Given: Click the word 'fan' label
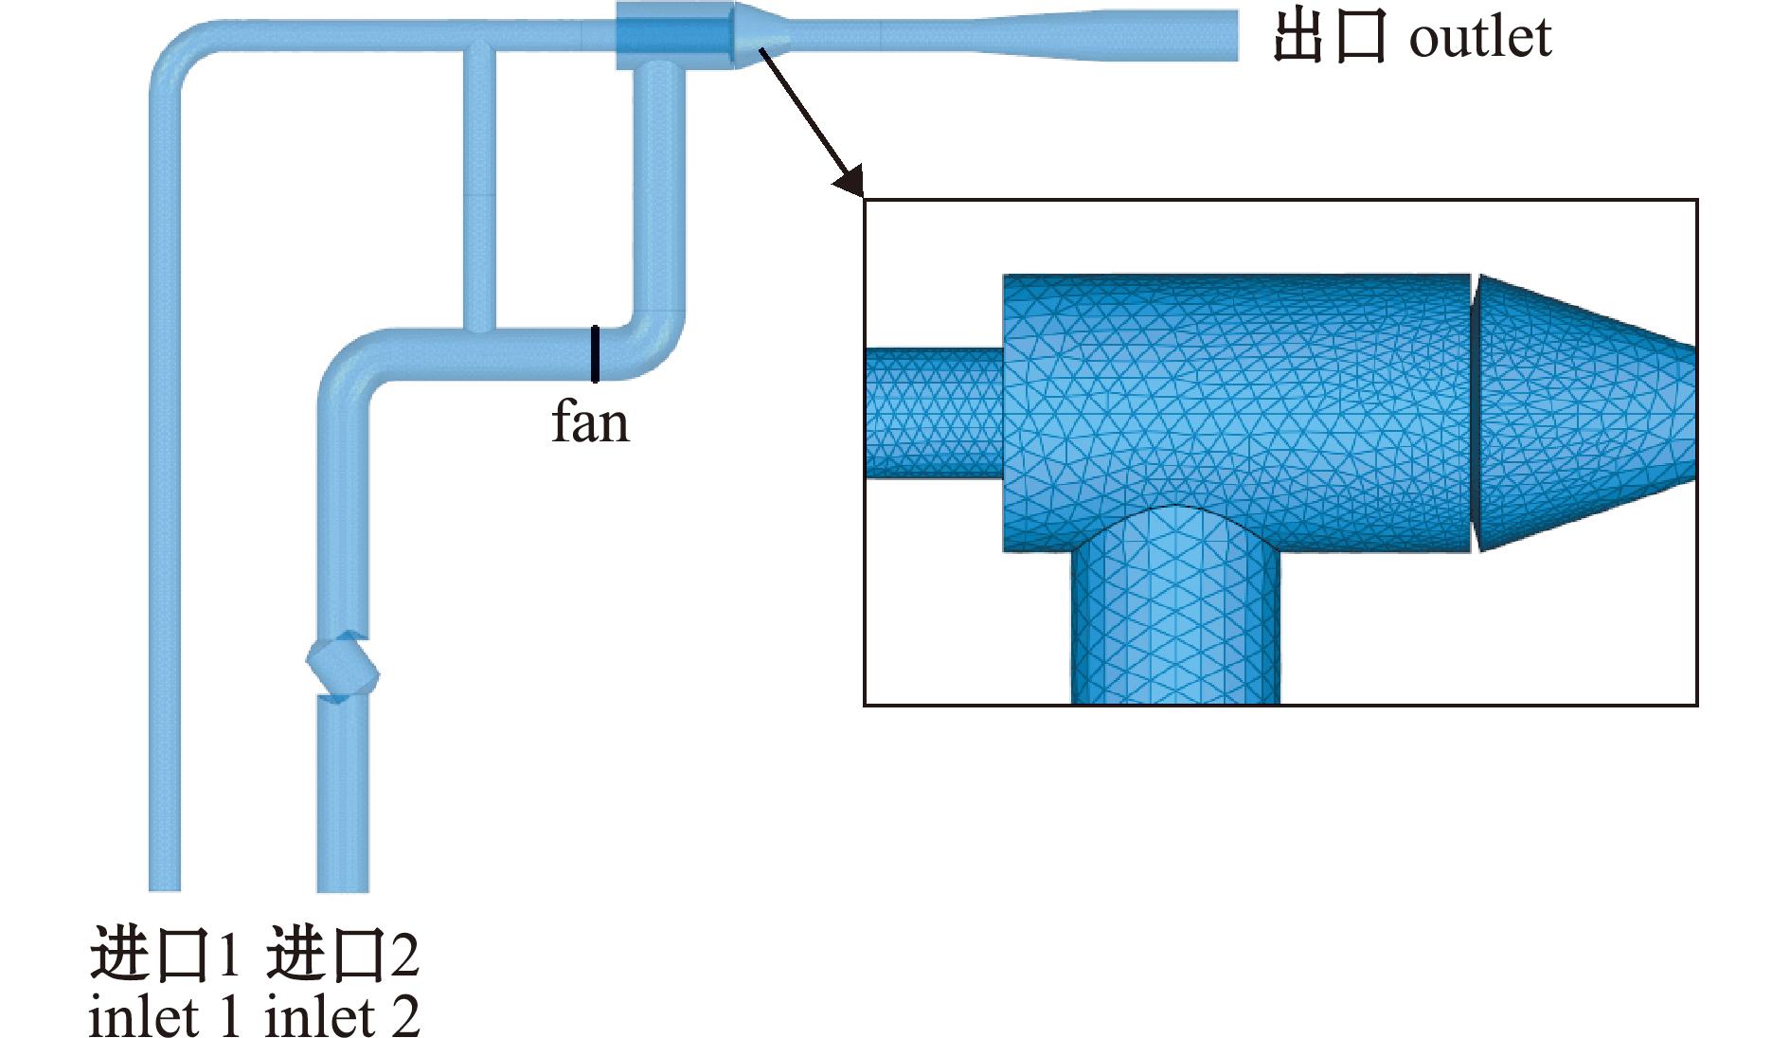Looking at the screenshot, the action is tap(590, 422).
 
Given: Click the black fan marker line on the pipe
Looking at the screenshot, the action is tap(595, 353).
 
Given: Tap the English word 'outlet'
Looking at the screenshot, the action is tap(1480, 38).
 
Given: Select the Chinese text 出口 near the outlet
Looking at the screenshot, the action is tap(1329, 38).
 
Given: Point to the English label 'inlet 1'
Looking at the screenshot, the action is tap(164, 1016).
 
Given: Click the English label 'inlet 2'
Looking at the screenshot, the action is tap(342, 1016).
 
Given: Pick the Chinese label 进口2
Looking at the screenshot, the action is tap(342, 954).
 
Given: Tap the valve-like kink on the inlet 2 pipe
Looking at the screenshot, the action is tap(342, 668).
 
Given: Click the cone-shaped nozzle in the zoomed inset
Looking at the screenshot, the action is tap(1584, 413).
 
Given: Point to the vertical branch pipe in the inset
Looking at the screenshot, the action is tap(1175, 606).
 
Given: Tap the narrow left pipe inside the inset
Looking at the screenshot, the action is tap(934, 412).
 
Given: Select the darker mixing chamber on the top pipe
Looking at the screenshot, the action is tap(675, 35).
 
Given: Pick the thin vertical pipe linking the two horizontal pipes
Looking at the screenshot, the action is tap(479, 189).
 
